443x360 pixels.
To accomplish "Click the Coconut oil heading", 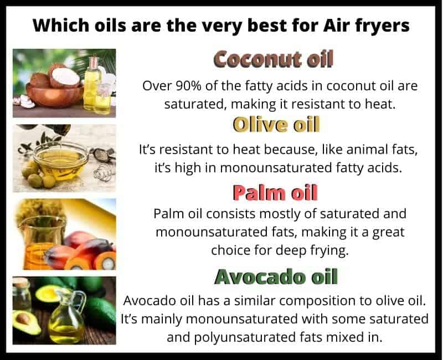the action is coord(273,59).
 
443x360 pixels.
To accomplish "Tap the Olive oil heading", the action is coord(276,124).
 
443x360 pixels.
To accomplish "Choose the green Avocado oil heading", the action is coord(276,276).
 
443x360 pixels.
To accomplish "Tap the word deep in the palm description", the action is coord(291,251).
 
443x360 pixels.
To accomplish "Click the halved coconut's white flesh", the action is coord(66,76).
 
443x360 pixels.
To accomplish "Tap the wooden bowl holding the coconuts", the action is coord(54,95).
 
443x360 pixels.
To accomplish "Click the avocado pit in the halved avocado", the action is coord(23,319).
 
